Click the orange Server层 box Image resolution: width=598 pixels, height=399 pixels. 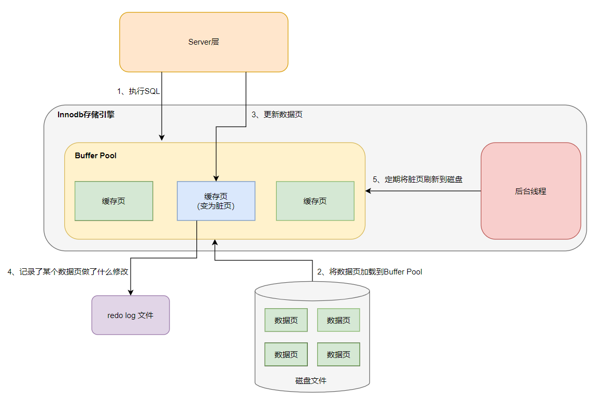(x=204, y=42)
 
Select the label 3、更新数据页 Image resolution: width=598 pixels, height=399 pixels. (x=277, y=115)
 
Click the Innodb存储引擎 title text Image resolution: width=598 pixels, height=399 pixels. (x=86, y=115)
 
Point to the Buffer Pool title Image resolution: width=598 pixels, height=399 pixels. (x=95, y=155)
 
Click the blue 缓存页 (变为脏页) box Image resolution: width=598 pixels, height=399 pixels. (x=216, y=201)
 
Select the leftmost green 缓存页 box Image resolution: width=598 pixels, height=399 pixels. (x=113, y=201)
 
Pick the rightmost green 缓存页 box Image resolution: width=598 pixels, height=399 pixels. (x=315, y=201)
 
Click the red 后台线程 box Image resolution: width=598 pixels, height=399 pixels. (x=531, y=191)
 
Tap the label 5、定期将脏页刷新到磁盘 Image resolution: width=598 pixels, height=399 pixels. (x=418, y=180)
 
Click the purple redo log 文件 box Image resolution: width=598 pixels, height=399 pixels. (x=131, y=315)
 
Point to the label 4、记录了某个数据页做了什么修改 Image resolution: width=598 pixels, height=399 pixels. (x=68, y=271)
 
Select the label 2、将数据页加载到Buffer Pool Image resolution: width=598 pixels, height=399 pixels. (x=369, y=271)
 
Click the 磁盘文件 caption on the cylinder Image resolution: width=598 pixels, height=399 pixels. (x=311, y=380)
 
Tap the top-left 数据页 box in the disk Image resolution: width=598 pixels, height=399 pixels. (x=286, y=320)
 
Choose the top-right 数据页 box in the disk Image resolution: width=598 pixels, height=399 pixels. (x=338, y=320)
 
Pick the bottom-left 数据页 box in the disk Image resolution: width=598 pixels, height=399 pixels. (x=286, y=354)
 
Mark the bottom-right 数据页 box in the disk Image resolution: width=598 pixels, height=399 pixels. (x=338, y=354)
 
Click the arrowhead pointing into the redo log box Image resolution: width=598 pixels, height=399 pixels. (x=130, y=292)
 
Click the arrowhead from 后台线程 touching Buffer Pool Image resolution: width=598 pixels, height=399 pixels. (x=368, y=191)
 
